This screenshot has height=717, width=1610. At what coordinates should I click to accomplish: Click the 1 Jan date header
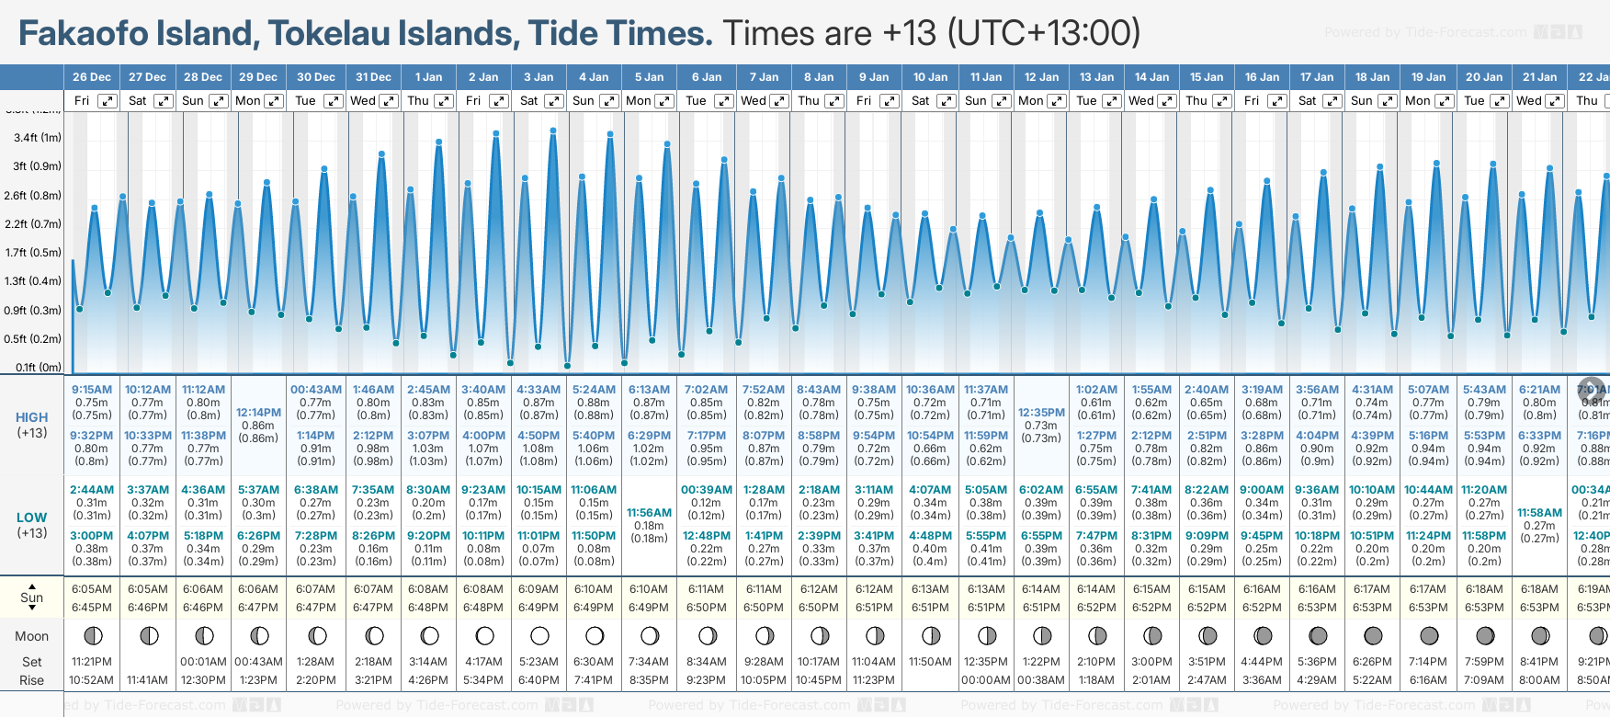[x=428, y=77]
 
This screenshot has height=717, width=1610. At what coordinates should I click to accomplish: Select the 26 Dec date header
[x=92, y=77]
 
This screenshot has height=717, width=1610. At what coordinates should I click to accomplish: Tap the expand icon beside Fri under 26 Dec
[x=108, y=101]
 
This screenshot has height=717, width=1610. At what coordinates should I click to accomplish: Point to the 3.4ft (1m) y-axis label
[x=38, y=138]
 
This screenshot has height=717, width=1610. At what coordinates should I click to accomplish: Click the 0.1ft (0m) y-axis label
[x=38, y=368]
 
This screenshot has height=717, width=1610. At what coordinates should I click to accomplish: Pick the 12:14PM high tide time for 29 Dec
[x=258, y=413]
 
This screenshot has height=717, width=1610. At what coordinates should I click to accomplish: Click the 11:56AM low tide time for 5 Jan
[x=649, y=513]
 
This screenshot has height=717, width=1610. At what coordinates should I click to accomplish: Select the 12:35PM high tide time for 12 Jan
[x=1041, y=413]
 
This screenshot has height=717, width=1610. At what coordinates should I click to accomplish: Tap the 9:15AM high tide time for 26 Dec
[x=92, y=390]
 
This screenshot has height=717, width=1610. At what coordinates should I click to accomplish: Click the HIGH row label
[x=32, y=417]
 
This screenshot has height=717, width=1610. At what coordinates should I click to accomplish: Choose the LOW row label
[x=32, y=518]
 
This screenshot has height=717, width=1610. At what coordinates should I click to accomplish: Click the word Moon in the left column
[x=32, y=636]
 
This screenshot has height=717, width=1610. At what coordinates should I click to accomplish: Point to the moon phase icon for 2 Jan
[x=484, y=636]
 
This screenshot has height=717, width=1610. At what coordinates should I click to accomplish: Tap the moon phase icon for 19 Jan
[x=1429, y=636]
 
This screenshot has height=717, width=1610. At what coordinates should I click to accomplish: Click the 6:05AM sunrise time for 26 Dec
[x=92, y=589]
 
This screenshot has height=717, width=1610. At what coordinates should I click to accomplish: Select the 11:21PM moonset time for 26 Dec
[x=92, y=662]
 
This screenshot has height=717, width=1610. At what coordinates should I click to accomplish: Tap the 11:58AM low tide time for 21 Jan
[x=1539, y=513]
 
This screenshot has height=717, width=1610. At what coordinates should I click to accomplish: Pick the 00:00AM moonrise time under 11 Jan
[x=985, y=680]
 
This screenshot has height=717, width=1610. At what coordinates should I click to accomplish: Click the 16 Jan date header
[x=1262, y=77]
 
